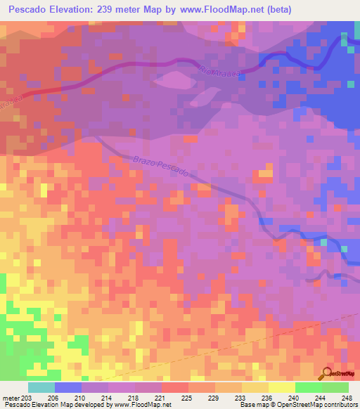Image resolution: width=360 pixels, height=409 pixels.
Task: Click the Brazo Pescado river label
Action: [x=160, y=166]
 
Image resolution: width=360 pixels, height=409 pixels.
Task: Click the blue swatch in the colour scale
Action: [x=67, y=387]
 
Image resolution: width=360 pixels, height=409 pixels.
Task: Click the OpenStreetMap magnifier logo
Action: [x=327, y=373]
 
